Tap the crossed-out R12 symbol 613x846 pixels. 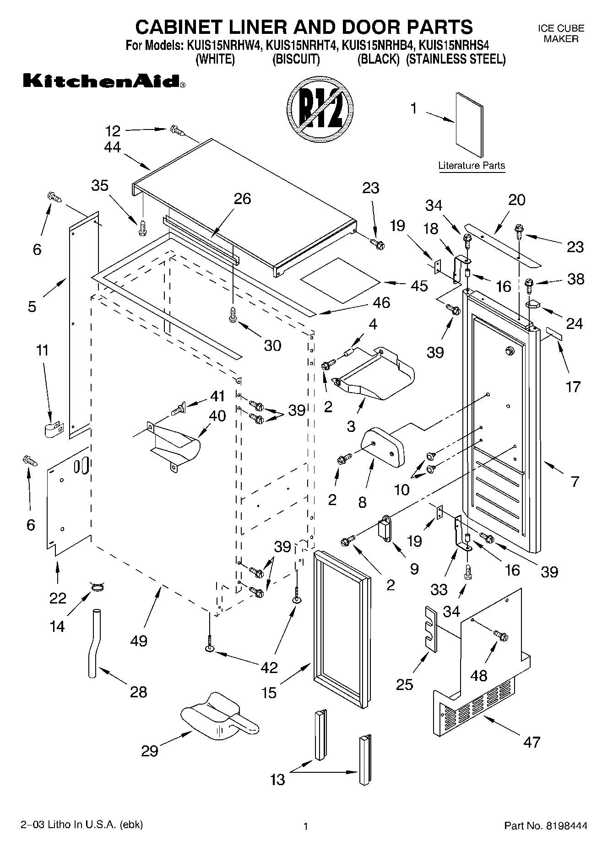coord(320,110)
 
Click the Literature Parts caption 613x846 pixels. coord(472,166)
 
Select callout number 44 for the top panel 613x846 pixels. coord(113,147)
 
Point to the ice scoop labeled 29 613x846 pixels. coord(215,719)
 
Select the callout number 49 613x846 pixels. coord(139,641)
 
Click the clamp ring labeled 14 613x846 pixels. coord(97,587)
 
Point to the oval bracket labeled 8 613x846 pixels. coord(384,446)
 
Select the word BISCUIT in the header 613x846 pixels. coord(296,59)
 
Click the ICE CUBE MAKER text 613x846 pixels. coord(561,33)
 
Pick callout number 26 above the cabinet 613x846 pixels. coord(243,199)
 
